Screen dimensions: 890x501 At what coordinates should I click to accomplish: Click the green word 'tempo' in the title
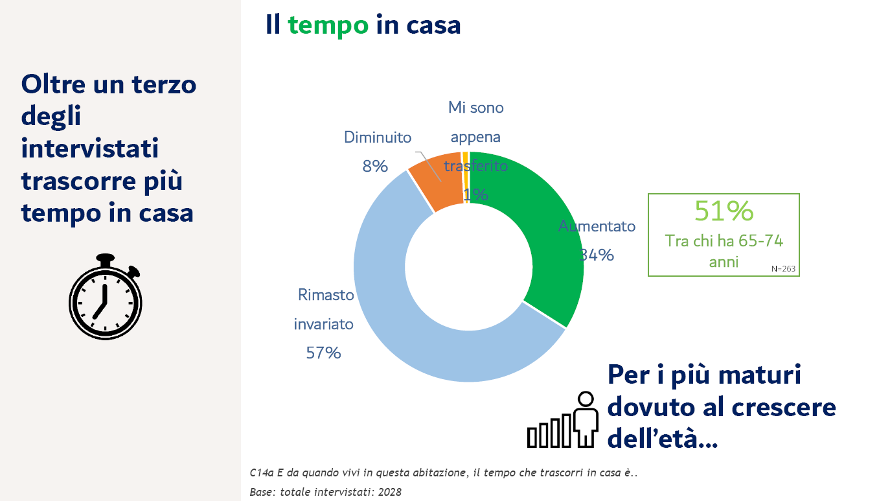tap(328, 25)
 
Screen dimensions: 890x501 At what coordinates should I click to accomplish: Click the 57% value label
tap(323, 353)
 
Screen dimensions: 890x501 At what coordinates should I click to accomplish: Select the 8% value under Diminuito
tap(374, 166)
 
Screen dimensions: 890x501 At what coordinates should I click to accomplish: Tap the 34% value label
tap(596, 255)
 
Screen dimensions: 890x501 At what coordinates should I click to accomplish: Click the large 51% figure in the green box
tap(724, 211)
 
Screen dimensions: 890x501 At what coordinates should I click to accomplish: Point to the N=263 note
tap(783, 269)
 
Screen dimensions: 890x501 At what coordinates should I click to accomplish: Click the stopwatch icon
tap(106, 297)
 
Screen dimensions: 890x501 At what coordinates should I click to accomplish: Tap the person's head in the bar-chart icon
tap(586, 399)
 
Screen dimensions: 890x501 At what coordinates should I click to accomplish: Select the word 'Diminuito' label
tap(378, 137)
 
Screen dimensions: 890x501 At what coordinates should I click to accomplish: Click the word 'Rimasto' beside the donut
tap(326, 295)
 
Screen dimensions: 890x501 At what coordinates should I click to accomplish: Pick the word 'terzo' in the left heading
tap(164, 85)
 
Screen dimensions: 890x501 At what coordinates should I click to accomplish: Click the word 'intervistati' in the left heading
tap(90, 148)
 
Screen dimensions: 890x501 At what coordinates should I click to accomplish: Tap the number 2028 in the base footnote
tap(389, 493)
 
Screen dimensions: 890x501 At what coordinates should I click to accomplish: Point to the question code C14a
tap(262, 472)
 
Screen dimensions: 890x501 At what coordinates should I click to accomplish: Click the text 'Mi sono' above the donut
tap(476, 108)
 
